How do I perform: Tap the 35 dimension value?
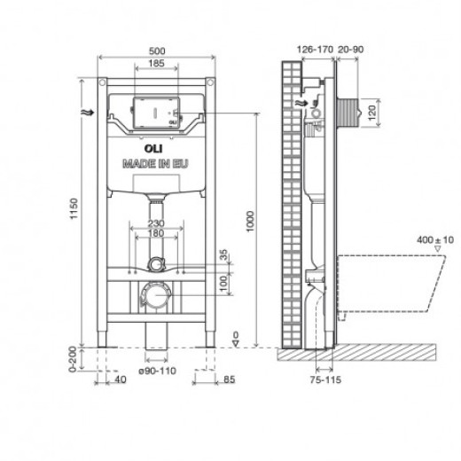tap(223, 254)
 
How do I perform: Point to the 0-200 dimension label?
tap(73, 363)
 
